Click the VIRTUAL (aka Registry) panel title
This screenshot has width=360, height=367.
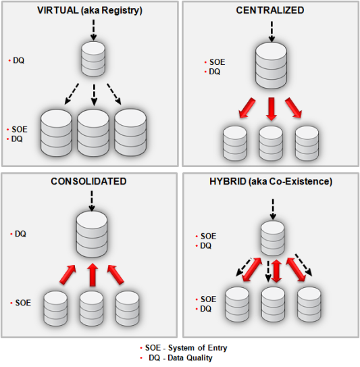89,10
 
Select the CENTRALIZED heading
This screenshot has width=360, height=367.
270,10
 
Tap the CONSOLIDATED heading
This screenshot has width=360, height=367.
88,182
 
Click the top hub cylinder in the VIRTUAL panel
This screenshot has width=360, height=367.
93,60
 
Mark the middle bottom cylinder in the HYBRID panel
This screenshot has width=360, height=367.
272,304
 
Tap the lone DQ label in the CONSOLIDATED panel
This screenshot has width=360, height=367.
20,233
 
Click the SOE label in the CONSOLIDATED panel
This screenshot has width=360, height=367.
22,303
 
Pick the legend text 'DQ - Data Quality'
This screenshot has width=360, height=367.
180,358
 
